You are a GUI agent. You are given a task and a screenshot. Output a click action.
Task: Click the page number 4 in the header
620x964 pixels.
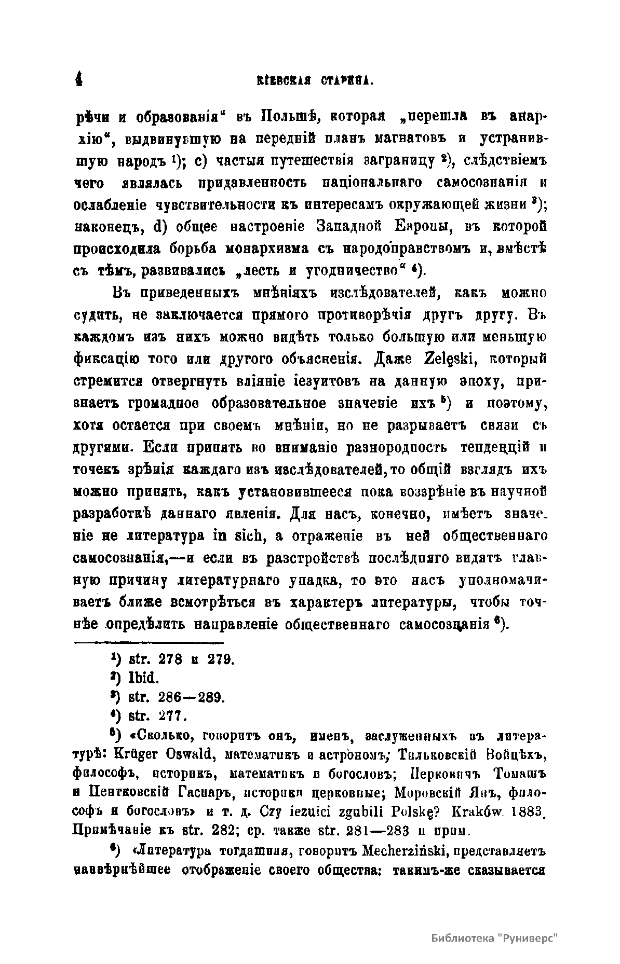[x=79, y=79]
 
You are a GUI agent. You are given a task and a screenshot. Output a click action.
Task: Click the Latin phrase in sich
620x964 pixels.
[x=239, y=535]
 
